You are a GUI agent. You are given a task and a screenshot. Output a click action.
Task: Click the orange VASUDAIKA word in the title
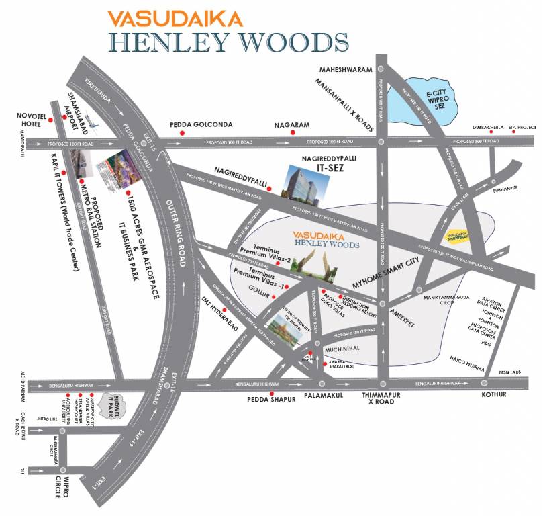tap(175, 17)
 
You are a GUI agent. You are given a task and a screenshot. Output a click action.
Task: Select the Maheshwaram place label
tap(344, 68)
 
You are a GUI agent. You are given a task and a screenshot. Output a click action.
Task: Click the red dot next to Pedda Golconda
tap(181, 134)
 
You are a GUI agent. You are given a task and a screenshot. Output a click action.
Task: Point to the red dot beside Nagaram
tap(292, 134)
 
